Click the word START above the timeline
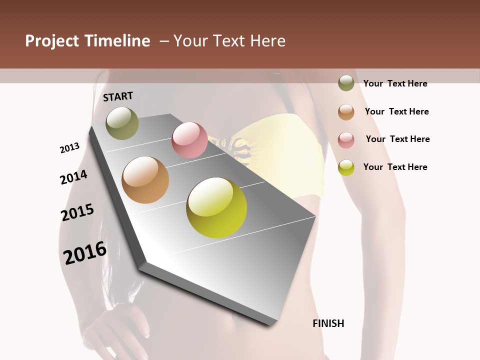point(118,96)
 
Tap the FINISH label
point(328,323)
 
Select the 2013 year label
point(69,147)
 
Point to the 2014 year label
point(73,177)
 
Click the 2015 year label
point(77,212)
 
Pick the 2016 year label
point(85,252)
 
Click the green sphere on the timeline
point(122,123)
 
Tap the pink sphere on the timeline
point(189,140)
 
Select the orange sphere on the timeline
point(145,180)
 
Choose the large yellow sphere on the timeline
point(216,207)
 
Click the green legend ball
point(346,83)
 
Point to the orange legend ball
point(346,111)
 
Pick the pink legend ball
point(346,139)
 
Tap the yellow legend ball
point(346,167)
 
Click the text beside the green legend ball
point(395,83)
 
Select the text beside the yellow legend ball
point(395,167)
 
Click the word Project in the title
point(52,41)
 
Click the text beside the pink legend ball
point(397,139)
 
